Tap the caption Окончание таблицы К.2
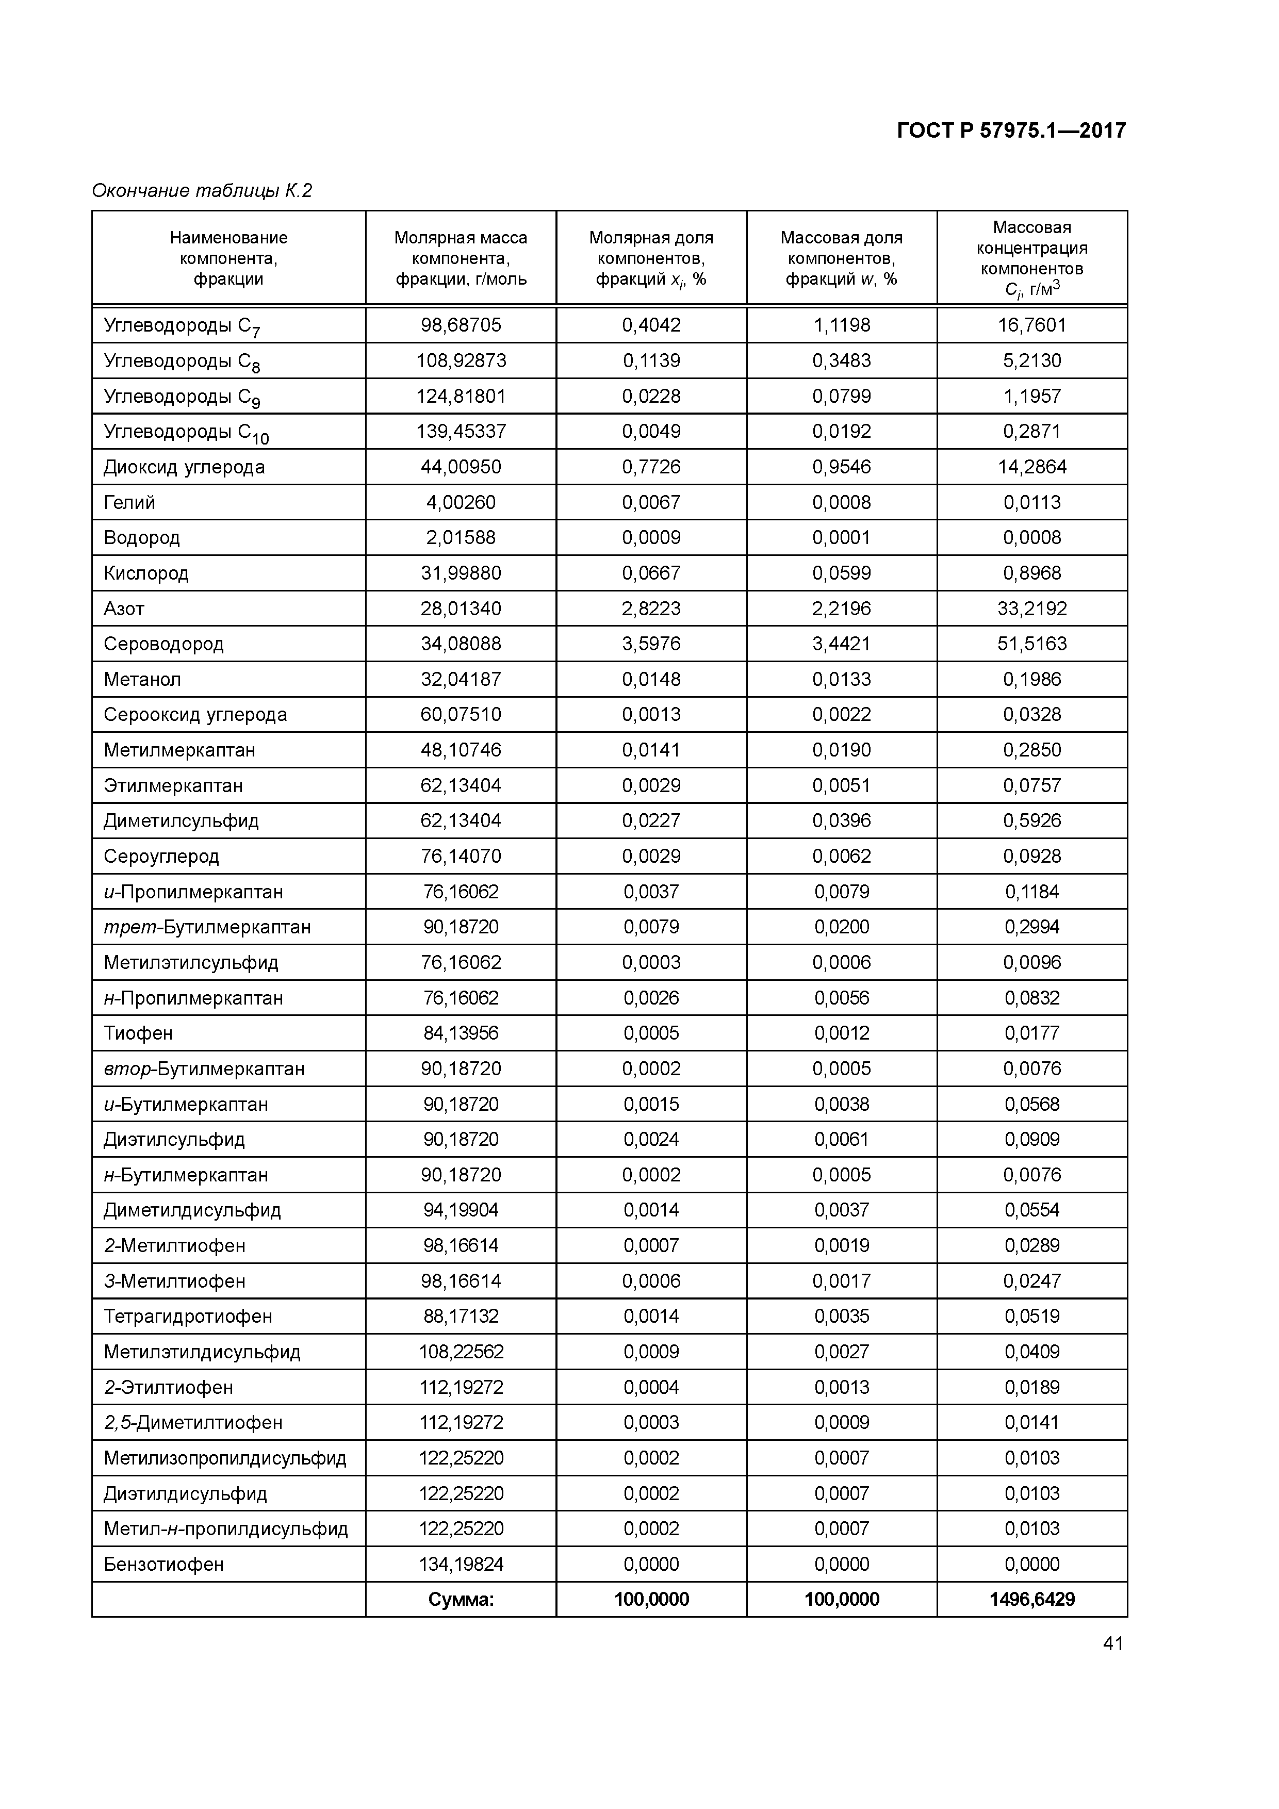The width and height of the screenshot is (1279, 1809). tap(202, 191)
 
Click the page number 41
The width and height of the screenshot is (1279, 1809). tap(1113, 1643)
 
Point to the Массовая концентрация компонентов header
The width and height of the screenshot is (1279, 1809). tap(1031, 258)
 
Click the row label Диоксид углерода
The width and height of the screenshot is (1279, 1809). tap(184, 467)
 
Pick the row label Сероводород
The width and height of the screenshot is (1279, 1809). tap(163, 644)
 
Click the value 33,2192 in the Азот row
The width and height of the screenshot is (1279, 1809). tap(1031, 609)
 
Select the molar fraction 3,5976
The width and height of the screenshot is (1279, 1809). tap(651, 644)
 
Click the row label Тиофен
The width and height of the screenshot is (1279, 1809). tap(138, 1033)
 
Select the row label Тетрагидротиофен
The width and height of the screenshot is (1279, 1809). tap(188, 1316)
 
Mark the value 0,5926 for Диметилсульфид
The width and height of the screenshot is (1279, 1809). tap(1031, 820)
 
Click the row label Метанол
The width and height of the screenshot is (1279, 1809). tap(142, 679)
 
